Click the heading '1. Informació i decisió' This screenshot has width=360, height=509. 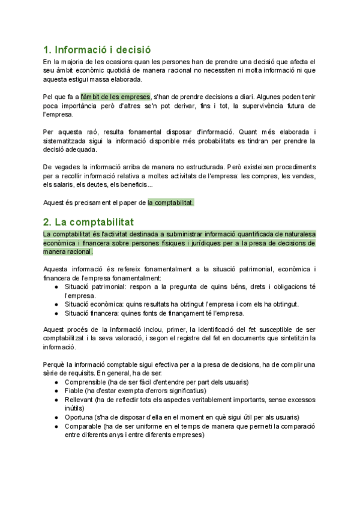click(x=97, y=49)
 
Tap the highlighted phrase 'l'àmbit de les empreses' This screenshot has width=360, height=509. click(x=115, y=96)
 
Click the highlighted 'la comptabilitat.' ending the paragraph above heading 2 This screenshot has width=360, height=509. click(x=171, y=203)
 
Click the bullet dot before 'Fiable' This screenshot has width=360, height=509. click(x=56, y=391)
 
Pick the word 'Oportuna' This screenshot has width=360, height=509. click(x=80, y=417)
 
